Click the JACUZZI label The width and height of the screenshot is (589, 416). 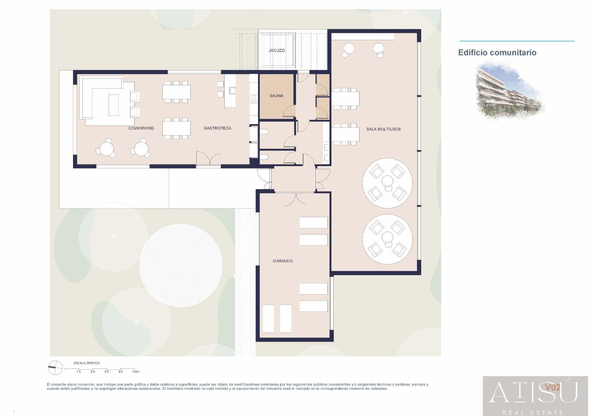[277, 50]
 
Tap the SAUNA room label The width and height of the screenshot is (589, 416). [276, 96]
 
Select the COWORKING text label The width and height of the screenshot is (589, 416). [141, 128]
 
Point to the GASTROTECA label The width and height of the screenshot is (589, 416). [217, 128]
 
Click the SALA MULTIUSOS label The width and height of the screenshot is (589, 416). [383, 129]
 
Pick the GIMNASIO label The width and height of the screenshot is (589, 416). [282, 261]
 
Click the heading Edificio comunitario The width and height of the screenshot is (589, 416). [497, 52]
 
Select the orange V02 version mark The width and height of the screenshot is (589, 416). [552, 387]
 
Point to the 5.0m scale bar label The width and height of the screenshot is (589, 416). [136, 372]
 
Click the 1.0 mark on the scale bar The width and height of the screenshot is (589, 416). [79, 372]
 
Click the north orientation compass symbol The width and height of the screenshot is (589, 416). [55, 368]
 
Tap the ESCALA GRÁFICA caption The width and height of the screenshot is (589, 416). [87, 363]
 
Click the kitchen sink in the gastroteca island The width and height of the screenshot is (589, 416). [232, 90]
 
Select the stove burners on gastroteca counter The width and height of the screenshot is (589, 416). [254, 99]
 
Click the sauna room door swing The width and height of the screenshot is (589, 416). [289, 111]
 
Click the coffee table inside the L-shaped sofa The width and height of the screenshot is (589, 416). [114, 105]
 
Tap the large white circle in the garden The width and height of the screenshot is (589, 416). [181, 265]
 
